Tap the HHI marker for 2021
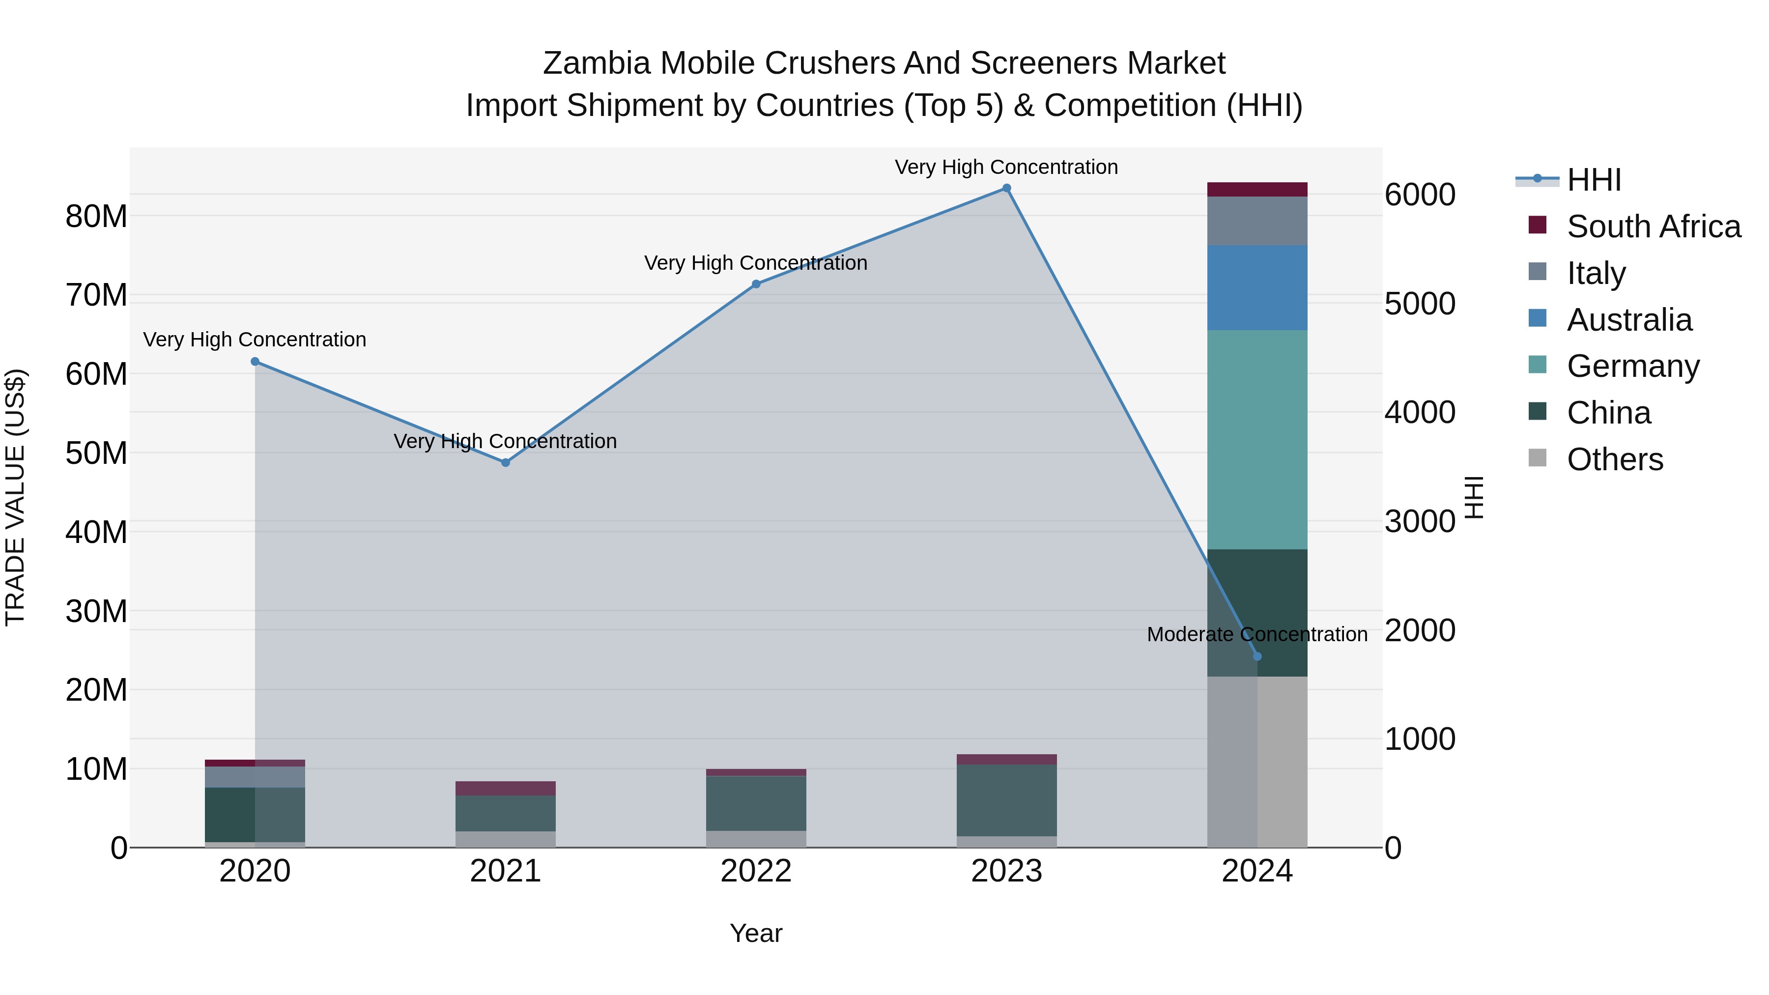[x=506, y=463]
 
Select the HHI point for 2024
[x=1257, y=656]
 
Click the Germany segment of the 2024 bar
[x=1257, y=439]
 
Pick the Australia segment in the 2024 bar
[x=1257, y=288]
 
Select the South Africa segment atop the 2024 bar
[x=1257, y=190]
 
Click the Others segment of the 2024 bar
[x=1257, y=762]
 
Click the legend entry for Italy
[x=1596, y=273]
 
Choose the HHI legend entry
[x=1593, y=180]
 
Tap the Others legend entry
[x=1614, y=459]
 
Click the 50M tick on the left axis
[x=96, y=453]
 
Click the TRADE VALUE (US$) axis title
[x=15, y=497]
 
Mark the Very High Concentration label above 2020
[x=254, y=340]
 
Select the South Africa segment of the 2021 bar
[x=506, y=788]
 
